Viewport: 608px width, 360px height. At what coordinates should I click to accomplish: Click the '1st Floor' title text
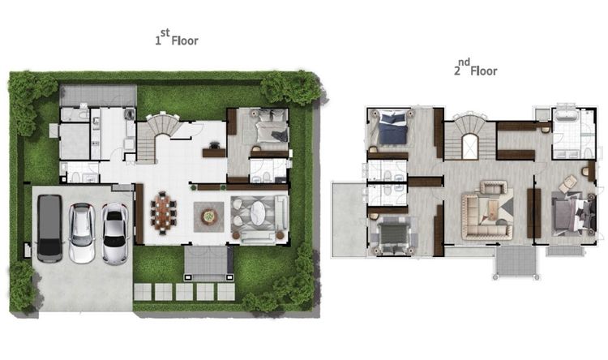[177, 38]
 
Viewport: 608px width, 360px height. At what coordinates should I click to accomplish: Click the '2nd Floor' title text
[476, 68]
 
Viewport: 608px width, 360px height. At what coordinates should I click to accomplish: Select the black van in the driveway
[49, 228]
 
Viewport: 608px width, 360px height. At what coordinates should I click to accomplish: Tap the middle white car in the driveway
[82, 234]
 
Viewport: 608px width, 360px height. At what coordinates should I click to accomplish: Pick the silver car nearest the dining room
[115, 234]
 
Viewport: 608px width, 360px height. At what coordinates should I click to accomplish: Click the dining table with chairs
[163, 212]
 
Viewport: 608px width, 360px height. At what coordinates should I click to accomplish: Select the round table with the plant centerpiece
[209, 216]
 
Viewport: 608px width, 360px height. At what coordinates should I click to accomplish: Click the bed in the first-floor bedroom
[272, 126]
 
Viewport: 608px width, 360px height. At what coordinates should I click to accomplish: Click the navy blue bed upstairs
[392, 127]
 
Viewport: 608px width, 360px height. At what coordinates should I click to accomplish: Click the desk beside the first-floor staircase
[214, 152]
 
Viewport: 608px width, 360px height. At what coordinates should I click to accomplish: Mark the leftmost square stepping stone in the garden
[143, 292]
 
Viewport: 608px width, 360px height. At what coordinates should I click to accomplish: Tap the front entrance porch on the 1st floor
[208, 263]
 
